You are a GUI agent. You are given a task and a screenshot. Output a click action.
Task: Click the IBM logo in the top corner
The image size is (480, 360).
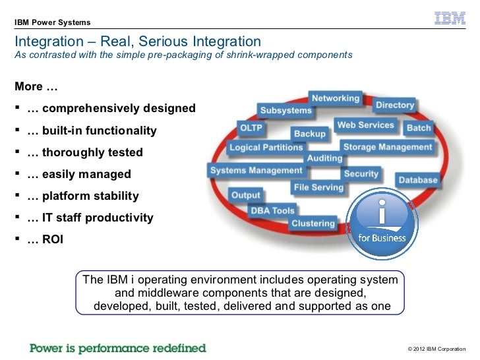(450, 19)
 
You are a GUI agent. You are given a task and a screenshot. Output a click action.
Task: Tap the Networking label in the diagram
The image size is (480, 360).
(336, 98)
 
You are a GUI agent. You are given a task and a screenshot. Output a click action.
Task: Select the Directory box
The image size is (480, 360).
(395, 105)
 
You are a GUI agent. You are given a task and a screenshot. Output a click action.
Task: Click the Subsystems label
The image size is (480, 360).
(286, 109)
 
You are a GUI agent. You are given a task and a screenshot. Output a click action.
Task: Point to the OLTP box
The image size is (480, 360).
(253, 126)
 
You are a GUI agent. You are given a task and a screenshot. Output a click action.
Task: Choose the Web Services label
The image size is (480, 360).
(365, 125)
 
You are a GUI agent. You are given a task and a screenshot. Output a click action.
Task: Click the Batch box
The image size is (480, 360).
(418, 128)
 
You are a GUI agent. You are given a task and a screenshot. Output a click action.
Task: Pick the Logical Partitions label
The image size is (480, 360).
(266, 148)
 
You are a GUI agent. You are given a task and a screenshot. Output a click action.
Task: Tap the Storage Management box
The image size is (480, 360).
(388, 147)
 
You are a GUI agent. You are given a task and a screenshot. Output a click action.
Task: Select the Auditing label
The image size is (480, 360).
(324, 158)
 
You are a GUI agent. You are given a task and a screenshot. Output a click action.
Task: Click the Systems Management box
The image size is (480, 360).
(256, 171)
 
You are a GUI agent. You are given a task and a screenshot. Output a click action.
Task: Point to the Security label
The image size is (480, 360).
(361, 174)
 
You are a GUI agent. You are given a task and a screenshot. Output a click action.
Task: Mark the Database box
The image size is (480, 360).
(417, 179)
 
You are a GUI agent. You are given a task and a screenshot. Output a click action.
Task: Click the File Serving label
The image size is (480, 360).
(318, 187)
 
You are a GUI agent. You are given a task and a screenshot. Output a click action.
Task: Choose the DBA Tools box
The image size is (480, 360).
(273, 210)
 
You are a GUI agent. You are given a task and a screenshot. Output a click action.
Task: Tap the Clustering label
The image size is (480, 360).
(313, 224)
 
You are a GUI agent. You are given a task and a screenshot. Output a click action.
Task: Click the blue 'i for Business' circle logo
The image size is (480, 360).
(382, 224)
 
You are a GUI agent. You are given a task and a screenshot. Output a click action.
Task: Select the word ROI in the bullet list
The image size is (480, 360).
(53, 240)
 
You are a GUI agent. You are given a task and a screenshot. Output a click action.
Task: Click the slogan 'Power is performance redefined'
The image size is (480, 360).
(118, 348)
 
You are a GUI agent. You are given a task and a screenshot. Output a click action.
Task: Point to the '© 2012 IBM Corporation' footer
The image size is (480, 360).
(437, 348)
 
